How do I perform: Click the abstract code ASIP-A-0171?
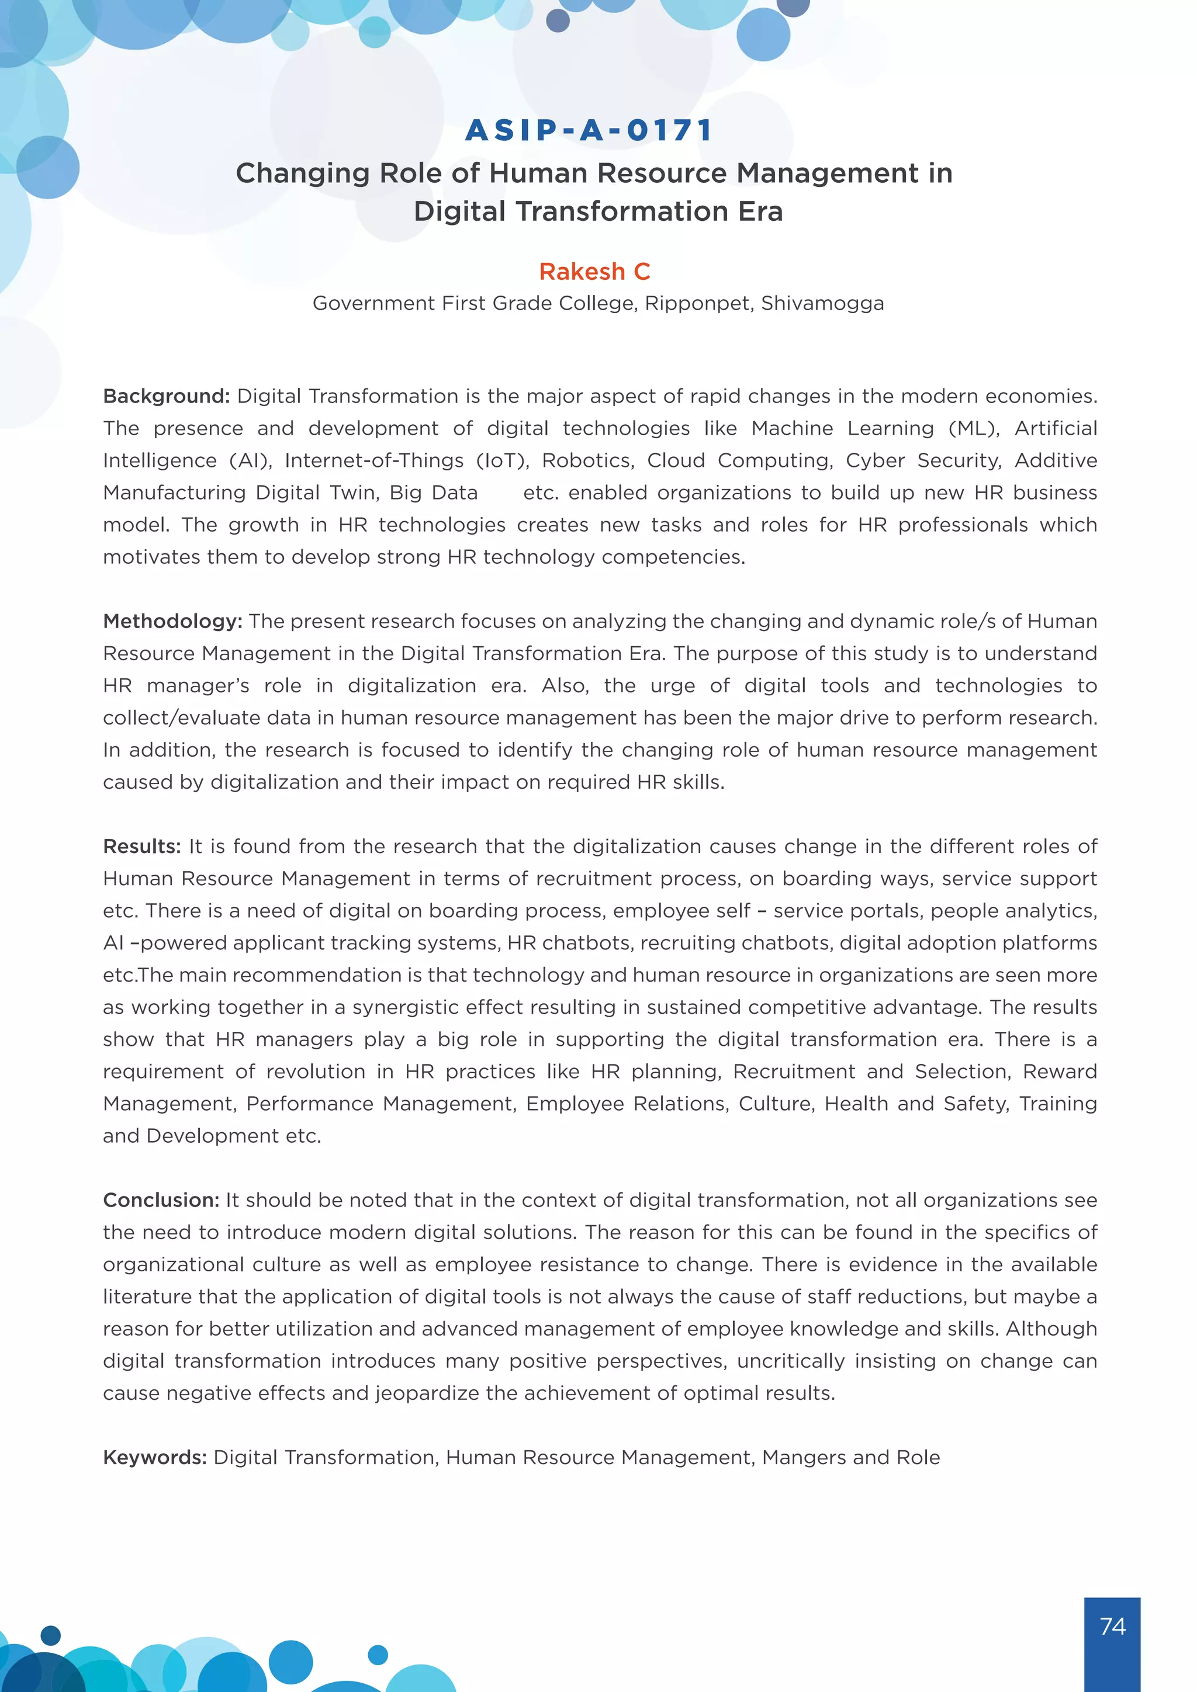pyautogui.click(x=590, y=130)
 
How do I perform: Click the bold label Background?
pyautogui.click(x=167, y=397)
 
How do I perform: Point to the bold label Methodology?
pyautogui.click(x=172, y=621)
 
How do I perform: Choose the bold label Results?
pyautogui.click(x=141, y=847)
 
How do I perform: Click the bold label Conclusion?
pyautogui.click(x=161, y=1201)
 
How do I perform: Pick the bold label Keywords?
pyautogui.click(x=155, y=1458)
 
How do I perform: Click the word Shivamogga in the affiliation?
pyautogui.click(x=822, y=304)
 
